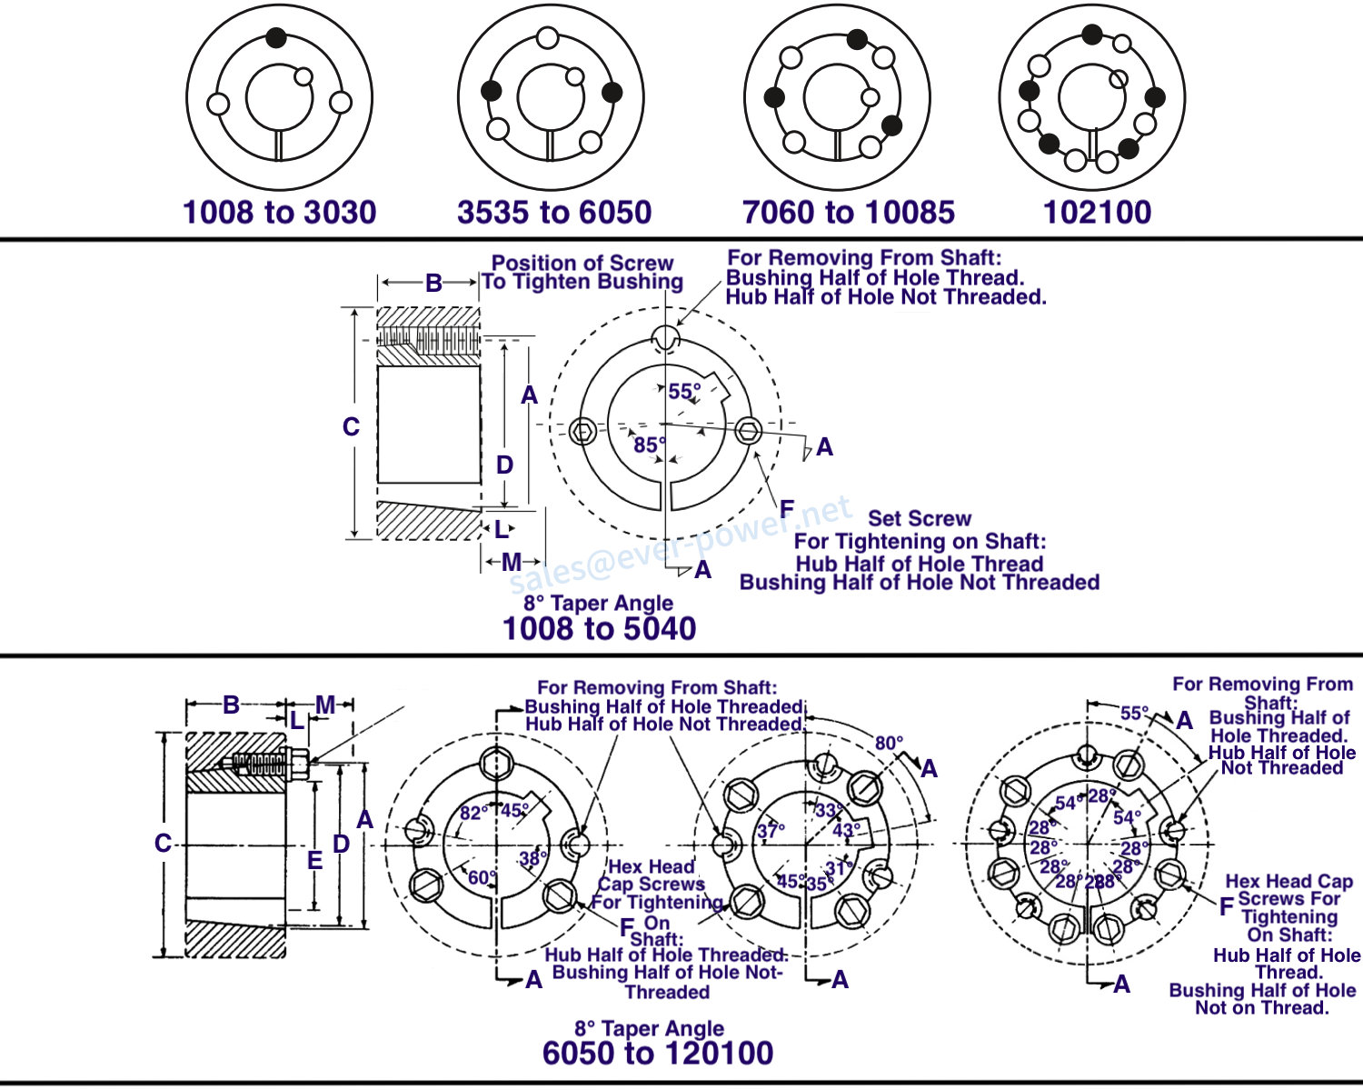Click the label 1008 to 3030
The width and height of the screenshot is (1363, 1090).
pos(279,213)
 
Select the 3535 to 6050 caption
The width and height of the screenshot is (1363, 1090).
pos(554,213)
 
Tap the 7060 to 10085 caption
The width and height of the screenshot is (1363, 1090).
pos(848,213)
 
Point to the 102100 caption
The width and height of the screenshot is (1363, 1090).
pos(1097,213)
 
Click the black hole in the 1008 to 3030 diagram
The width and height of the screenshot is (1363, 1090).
pos(276,37)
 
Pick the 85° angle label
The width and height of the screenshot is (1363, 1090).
pos(649,445)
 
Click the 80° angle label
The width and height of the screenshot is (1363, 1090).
pos(889,743)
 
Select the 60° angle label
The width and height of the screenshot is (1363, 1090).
pos(482,877)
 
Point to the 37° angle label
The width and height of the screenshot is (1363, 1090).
pos(771,831)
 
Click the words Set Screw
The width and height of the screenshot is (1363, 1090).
pos(919,518)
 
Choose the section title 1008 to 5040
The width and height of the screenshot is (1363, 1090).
pos(599,628)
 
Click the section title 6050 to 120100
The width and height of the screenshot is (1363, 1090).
pos(657,1053)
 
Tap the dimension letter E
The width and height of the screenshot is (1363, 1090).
pos(314,860)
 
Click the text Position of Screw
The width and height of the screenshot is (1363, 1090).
pos(582,263)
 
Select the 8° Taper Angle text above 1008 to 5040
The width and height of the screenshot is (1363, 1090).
pos(598,603)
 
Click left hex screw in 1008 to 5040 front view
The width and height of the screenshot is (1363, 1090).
pos(584,431)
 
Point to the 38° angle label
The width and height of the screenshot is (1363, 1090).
pos(532,857)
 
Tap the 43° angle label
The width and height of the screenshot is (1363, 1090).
pos(846,830)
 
